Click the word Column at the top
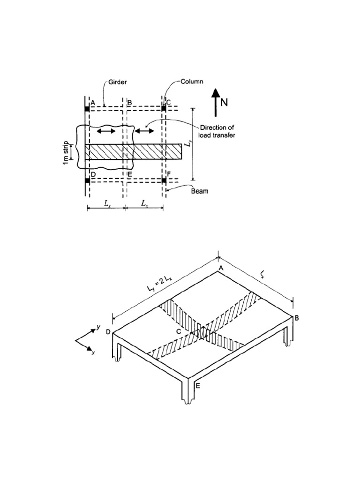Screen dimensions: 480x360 (x=192, y=82)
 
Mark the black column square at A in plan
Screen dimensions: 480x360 (x=87, y=109)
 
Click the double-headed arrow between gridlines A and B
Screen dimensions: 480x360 (x=106, y=132)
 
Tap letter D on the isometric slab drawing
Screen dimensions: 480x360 (x=108, y=332)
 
